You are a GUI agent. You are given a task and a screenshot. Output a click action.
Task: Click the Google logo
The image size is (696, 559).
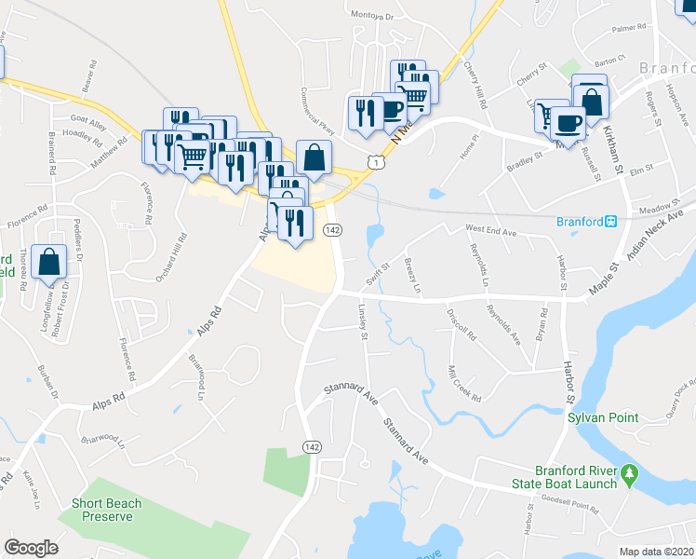tap(32, 548)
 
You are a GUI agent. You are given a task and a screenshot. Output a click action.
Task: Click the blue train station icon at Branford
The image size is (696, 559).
tap(611, 222)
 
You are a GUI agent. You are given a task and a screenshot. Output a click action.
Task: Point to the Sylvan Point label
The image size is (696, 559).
tap(603, 417)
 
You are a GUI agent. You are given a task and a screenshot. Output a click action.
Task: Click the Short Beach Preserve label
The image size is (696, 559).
tap(107, 510)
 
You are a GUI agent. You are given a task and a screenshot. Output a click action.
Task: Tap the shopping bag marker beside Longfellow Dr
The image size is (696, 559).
tap(48, 263)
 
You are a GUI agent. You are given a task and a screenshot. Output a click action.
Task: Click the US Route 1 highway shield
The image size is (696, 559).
tap(374, 163)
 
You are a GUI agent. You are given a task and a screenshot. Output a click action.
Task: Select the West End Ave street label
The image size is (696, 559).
tap(490, 228)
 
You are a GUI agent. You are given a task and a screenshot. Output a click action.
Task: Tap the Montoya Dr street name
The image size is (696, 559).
tap(373, 16)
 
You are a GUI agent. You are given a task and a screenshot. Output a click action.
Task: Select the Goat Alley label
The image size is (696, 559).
tap(90, 119)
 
